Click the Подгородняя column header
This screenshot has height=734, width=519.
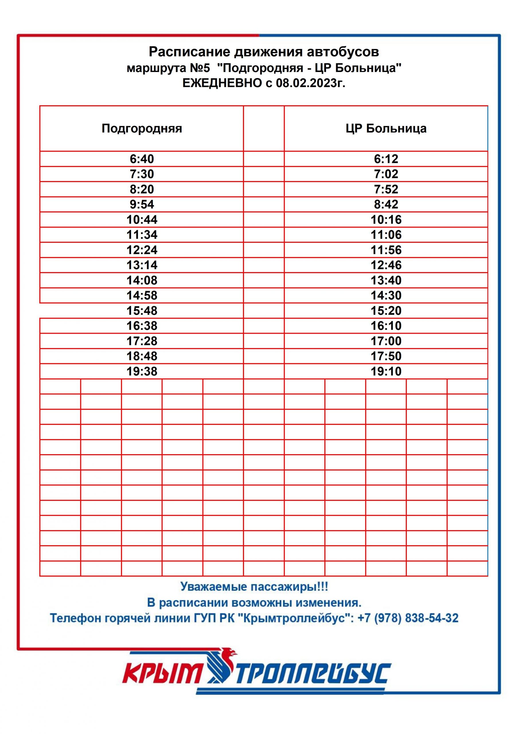tap(142, 128)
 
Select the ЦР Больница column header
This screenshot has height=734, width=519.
tap(386, 128)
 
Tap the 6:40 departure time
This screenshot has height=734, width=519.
tap(142, 159)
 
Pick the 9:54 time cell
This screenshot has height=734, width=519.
tap(142, 204)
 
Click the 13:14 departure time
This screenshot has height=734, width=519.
tap(142, 265)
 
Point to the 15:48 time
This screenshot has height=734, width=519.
tap(142, 311)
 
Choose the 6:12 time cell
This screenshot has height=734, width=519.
tap(386, 159)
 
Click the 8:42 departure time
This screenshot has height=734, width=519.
tap(386, 204)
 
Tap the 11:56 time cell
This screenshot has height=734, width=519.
tap(386, 250)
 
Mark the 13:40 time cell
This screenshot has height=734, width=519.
tap(386, 280)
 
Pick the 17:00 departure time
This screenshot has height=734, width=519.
tap(386, 341)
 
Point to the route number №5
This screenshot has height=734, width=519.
tap(200, 68)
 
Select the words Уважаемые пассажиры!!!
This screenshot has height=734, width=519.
tap(254, 587)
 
